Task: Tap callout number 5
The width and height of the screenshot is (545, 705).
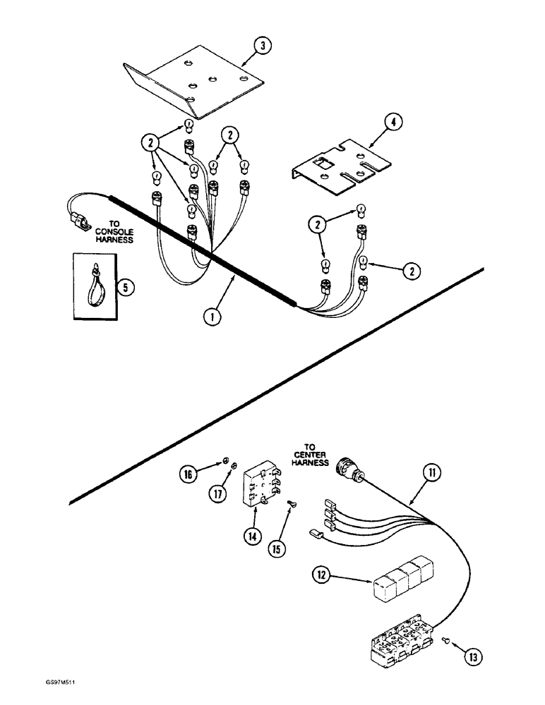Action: (x=125, y=288)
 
